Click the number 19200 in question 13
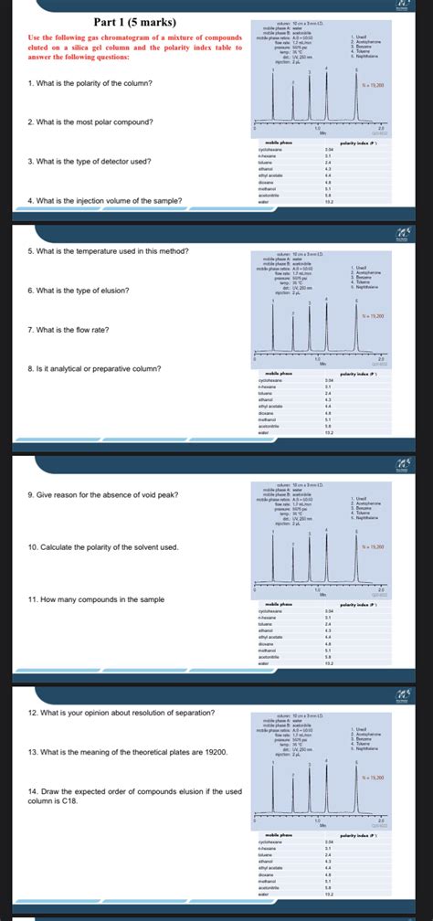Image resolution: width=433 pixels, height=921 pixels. tap(228, 725)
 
